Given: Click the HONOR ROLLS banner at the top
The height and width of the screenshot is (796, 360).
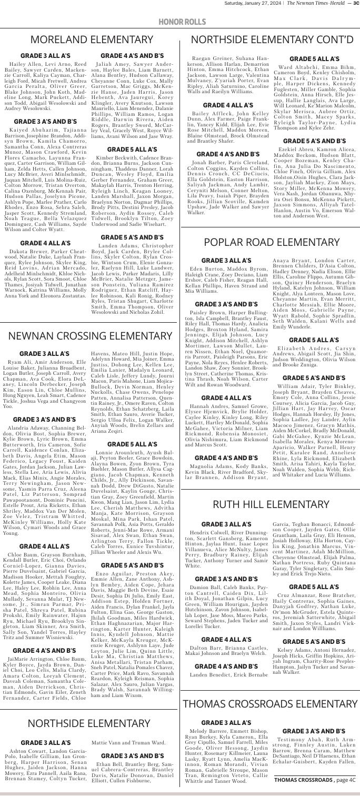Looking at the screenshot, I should pos(180,20).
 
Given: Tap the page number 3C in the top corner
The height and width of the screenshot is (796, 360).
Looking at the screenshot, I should pos(354,5).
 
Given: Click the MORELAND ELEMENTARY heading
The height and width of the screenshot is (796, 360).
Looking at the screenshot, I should pos(90,40).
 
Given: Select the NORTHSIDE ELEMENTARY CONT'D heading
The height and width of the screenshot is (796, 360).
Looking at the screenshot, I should pos(269,40).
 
